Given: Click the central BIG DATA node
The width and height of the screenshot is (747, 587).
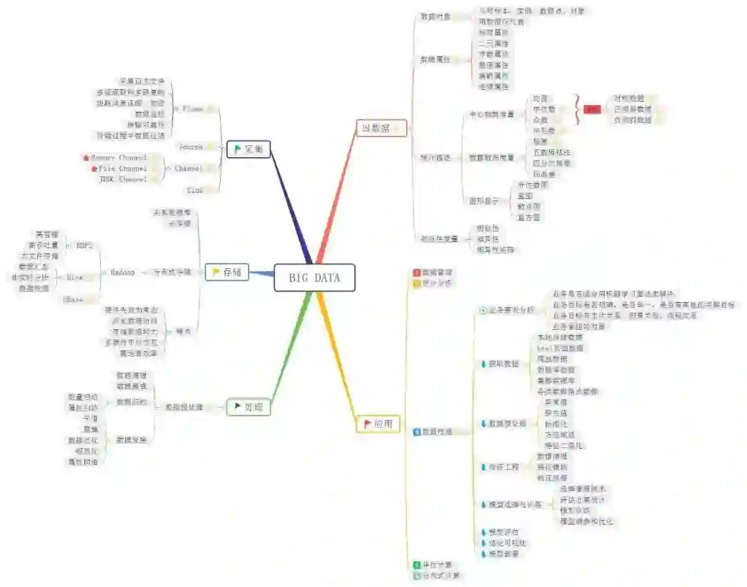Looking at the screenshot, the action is click(314, 277).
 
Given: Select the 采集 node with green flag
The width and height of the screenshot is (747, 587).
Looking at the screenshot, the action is click(248, 149).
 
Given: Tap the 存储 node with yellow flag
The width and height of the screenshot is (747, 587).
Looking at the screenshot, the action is click(227, 272).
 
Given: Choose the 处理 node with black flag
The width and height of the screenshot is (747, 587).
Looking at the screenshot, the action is click(248, 407).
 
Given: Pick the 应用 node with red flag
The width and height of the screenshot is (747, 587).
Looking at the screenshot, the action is click(378, 423).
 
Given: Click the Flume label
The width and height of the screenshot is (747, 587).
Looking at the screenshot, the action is click(193, 109).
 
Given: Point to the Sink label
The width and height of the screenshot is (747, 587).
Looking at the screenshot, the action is click(194, 189).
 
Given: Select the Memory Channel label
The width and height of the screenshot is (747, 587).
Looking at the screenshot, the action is click(118, 158).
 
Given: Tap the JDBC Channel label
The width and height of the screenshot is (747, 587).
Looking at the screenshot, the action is click(123, 179).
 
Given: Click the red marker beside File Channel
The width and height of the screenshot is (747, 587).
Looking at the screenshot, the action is click(94, 168).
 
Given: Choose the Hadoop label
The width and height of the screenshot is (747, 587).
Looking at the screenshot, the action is click(122, 272).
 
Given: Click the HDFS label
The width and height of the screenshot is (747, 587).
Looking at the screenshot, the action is click(84, 245).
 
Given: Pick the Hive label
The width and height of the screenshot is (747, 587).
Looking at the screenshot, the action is click(75, 277).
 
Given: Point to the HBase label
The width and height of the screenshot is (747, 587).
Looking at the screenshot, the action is click(73, 299).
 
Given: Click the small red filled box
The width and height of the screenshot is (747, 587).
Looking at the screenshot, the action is click(592, 109).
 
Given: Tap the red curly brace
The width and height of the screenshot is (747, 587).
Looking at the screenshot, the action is click(577, 109).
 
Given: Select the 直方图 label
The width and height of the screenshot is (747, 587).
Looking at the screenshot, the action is click(528, 217).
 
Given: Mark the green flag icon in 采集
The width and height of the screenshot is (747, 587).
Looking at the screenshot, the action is click(237, 149).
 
